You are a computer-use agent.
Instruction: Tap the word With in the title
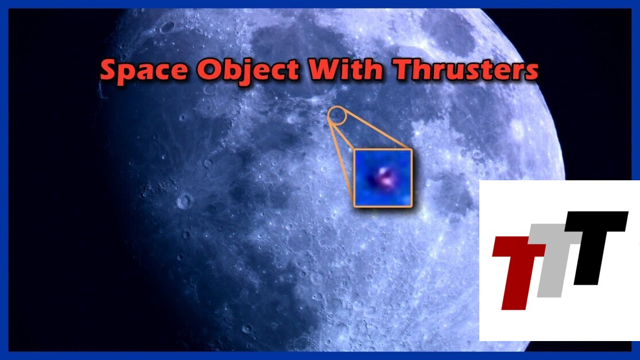tap(347, 68)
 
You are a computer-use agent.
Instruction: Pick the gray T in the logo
tap(554, 261)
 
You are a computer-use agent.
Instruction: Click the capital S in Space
tap(110, 69)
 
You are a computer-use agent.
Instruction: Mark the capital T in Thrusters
tap(404, 68)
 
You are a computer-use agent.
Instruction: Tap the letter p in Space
tap(130, 75)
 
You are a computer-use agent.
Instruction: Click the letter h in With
tap(374, 68)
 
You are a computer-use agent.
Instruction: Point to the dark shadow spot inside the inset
tap(373, 178)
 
